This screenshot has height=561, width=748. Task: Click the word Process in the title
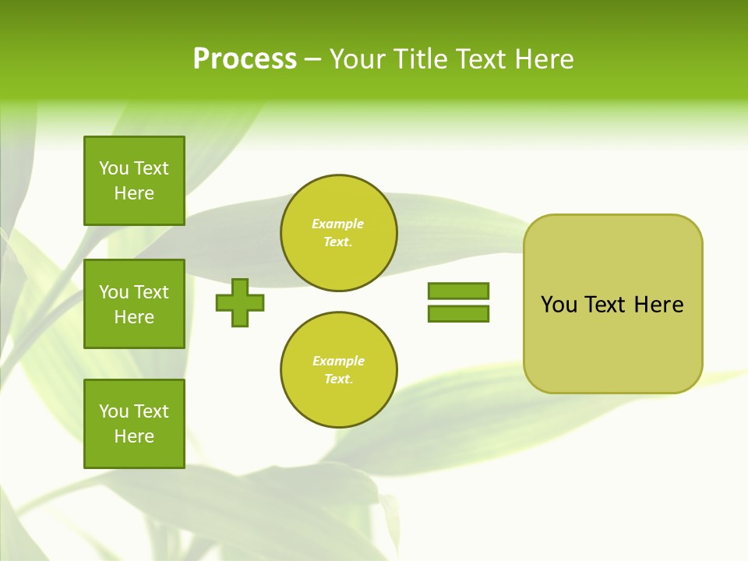(x=245, y=59)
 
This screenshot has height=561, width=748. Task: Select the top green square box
(x=134, y=181)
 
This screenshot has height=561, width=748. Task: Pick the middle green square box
(x=134, y=304)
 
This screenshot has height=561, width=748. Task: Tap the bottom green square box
(x=134, y=424)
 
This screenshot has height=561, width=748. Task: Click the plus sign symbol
(x=240, y=302)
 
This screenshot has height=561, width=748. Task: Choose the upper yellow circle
(x=338, y=233)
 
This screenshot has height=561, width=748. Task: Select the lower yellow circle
(x=338, y=370)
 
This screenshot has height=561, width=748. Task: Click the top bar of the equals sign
(x=458, y=291)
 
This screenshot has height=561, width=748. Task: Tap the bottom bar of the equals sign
(x=458, y=313)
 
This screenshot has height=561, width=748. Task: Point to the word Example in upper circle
(x=337, y=224)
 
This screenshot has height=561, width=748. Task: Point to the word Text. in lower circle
(x=338, y=379)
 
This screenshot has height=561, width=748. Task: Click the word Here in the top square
(x=134, y=193)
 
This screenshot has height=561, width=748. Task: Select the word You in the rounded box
(x=559, y=305)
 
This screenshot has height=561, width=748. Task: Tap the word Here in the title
(x=543, y=59)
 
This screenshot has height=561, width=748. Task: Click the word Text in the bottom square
(x=151, y=411)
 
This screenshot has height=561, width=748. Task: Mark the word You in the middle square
(x=115, y=292)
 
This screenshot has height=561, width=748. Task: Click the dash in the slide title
(x=312, y=59)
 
